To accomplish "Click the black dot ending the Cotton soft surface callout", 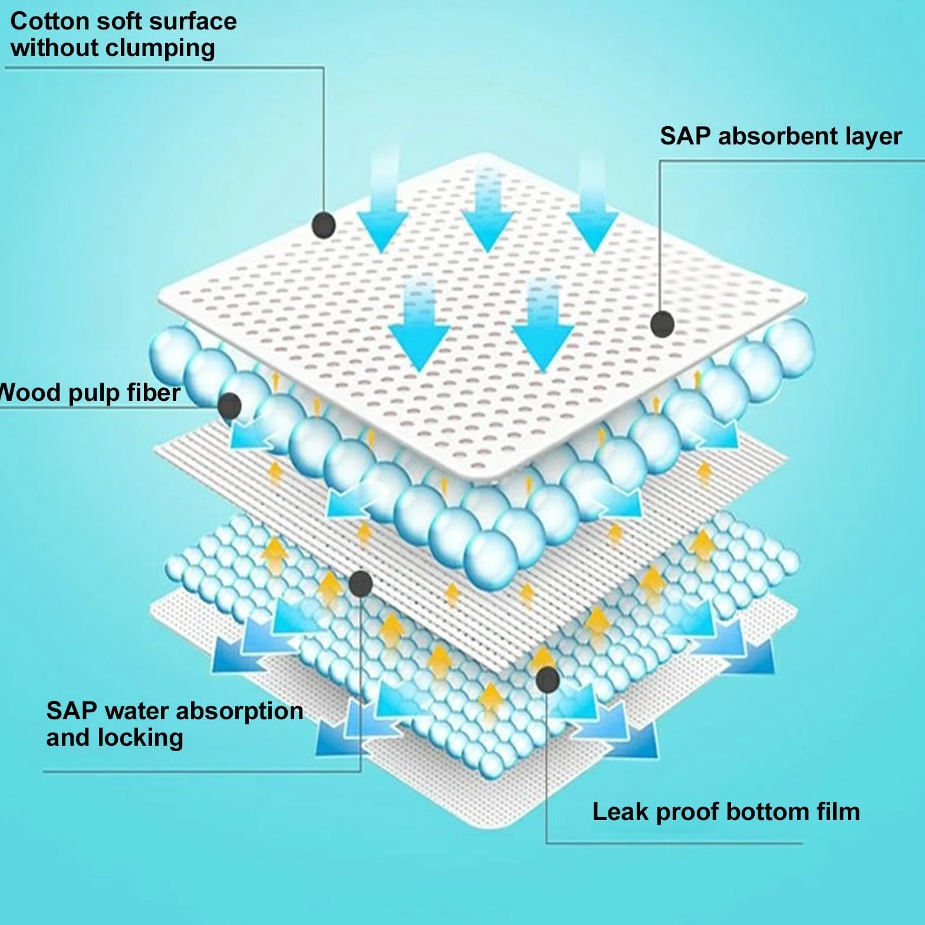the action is (323, 225).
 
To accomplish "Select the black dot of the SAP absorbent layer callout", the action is (663, 324).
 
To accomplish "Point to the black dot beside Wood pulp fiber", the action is (229, 406).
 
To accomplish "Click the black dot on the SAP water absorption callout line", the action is (360, 584).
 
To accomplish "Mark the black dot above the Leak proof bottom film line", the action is (548, 680).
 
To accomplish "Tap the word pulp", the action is (93, 394).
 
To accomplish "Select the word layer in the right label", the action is (874, 137).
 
